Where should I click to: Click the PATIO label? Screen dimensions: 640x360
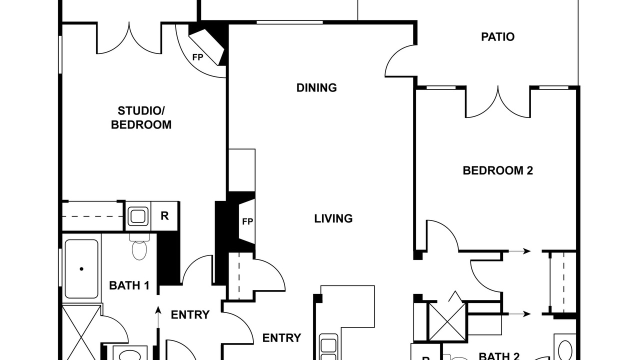497,37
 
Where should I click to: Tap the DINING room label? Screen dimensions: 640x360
316,87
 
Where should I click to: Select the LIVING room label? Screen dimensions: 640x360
333,218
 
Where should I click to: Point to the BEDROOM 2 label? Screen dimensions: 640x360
497,170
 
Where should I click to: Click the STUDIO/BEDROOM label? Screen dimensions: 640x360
141,117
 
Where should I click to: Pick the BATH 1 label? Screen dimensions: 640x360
129,285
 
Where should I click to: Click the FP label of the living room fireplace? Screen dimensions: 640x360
247,221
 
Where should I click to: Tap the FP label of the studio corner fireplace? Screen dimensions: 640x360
197,57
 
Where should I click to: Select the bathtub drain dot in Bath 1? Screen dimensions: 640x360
81,269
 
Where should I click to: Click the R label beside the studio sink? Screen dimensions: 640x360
164,215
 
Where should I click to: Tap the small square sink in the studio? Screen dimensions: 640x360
138,216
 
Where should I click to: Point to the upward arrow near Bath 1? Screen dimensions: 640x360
157,317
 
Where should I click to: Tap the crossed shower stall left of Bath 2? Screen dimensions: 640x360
448,322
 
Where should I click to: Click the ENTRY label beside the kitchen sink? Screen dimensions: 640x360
281,338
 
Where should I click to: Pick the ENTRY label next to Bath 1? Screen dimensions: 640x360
190,315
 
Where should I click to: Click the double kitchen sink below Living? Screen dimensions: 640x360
328,347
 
